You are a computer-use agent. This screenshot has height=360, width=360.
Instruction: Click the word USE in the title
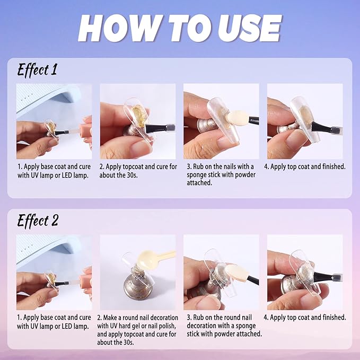(x=249, y=28)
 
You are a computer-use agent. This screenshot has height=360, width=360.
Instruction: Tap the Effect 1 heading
(x=37, y=70)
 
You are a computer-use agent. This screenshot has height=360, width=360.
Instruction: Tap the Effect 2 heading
(x=38, y=221)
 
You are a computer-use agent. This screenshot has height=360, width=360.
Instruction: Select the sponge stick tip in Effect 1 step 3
(x=234, y=117)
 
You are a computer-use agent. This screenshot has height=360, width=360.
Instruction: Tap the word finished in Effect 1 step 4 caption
(x=334, y=166)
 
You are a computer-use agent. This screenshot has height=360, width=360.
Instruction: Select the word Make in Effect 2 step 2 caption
(x=110, y=318)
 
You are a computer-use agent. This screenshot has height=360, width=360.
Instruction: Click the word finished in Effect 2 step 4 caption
(x=334, y=318)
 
